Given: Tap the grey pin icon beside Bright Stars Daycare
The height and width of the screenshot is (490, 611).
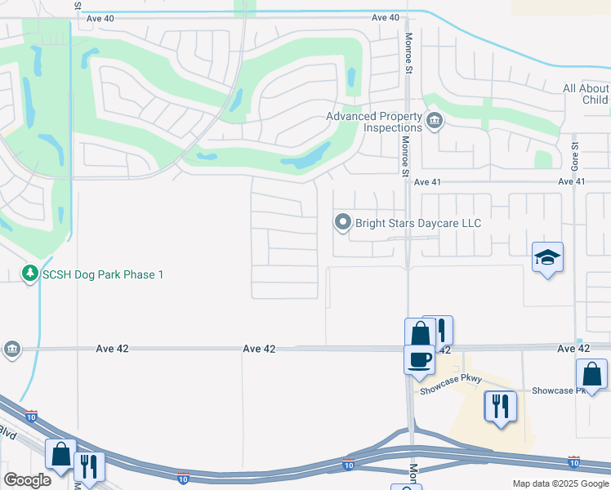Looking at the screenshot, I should coord(343,222).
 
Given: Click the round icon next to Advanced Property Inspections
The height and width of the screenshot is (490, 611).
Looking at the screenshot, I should coord(435,122).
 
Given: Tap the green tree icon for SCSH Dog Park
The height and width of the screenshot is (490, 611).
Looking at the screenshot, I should coord(29,274).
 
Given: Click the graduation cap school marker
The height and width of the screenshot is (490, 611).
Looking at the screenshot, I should coord(547,258).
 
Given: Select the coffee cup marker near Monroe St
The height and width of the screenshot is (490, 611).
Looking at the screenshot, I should coord(420,359).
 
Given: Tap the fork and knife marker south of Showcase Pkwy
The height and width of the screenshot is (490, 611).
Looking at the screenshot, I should coord(500,406).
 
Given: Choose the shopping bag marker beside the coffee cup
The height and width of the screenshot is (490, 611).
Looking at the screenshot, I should coord(420,332).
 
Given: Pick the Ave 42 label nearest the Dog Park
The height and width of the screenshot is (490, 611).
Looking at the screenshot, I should coord(112,349).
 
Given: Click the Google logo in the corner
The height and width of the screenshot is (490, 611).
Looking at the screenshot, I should coord(27,480).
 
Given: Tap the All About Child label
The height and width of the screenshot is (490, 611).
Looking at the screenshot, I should coord(585,94).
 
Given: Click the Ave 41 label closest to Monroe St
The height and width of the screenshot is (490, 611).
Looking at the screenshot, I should coord(432,182).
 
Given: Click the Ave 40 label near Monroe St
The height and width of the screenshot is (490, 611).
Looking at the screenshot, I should coord(385,17).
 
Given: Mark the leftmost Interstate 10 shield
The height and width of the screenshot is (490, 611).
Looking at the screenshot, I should coord(31,416).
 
